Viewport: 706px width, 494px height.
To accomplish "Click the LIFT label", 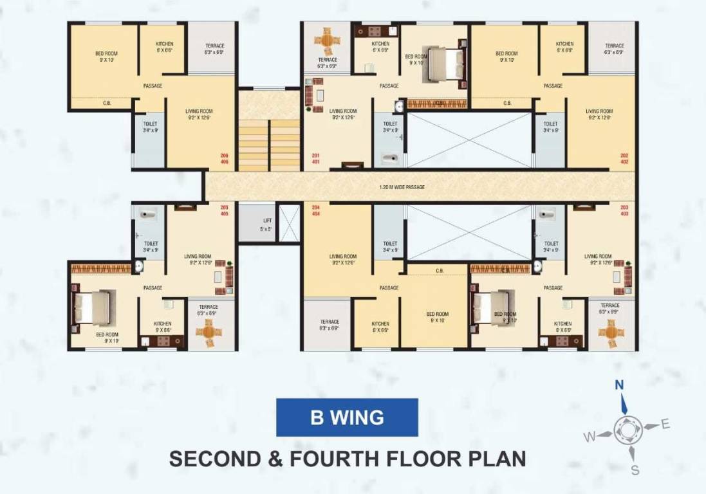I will tap(267, 221).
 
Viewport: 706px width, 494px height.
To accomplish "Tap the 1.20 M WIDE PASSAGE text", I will tap(402, 187).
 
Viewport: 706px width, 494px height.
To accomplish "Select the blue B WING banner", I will tap(347, 417).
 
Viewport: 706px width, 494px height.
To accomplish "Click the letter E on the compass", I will tap(665, 423).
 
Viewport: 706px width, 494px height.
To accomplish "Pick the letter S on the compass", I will tap(635, 470).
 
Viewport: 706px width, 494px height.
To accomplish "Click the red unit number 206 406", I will tap(225, 159).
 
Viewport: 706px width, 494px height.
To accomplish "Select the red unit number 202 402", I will tap(624, 159).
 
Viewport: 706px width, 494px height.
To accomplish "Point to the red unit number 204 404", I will tap(316, 210).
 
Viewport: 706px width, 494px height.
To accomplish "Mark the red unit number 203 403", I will tap(624, 210).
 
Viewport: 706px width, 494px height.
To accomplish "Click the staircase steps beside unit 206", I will tap(269, 145).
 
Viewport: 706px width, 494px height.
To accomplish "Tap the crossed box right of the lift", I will tap(289, 223).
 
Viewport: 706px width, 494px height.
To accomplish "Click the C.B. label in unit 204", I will tap(440, 271).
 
